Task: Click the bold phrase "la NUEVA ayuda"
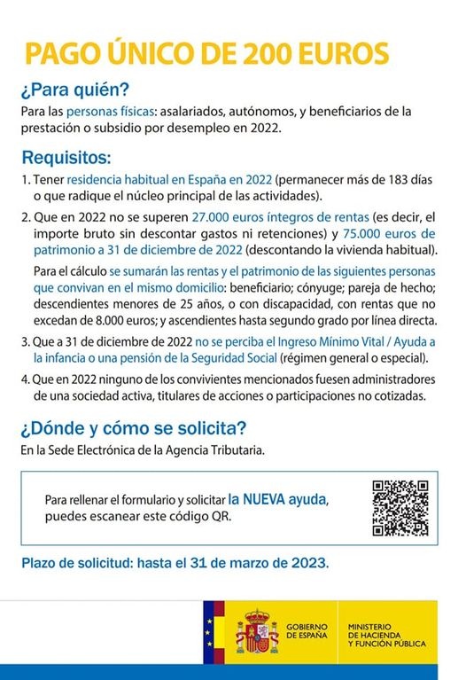277,499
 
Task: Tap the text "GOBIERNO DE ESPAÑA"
307,631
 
